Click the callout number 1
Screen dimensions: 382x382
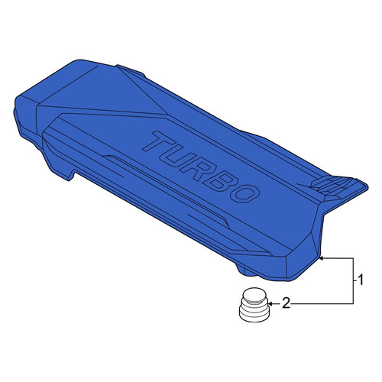tap(360, 280)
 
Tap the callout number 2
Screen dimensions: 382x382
tap(286, 303)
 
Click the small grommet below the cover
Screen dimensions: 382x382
tap(254, 305)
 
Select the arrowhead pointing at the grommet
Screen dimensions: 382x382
tap(271, 304)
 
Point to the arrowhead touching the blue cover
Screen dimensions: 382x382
tap(322, 258)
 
